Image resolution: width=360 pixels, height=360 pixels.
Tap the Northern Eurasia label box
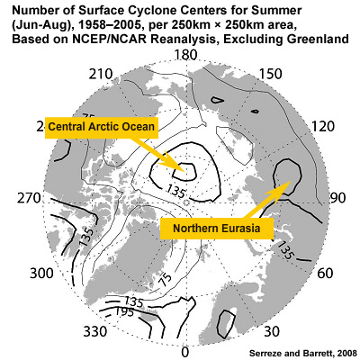coord(216,229)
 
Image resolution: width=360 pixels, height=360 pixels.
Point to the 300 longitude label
coord(41,271)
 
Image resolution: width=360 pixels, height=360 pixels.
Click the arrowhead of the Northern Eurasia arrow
coord(289,181)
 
